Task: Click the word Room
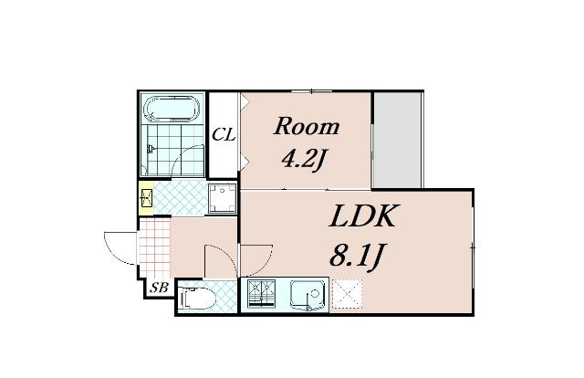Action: [x=307, y=127]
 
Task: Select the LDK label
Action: [x=361, y=216]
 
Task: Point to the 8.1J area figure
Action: [x=357, y=256]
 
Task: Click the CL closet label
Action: [x=224, y=134]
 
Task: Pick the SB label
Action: [x=160, y=288]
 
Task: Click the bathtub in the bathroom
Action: [x=172, y=109]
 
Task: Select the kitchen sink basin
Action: [x=307, y=296]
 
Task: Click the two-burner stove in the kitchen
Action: [x=261, y=294]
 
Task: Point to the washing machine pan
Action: [x=223, y=198]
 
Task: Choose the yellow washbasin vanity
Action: [x=146, y=198]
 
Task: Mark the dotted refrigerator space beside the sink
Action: [x=347, y=294]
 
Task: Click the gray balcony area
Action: [x=397, y=141]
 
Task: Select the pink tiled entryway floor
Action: [x=154, y=248]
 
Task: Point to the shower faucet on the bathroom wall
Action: [x=150, y=149]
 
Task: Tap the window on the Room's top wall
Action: [x=311, y=90]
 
